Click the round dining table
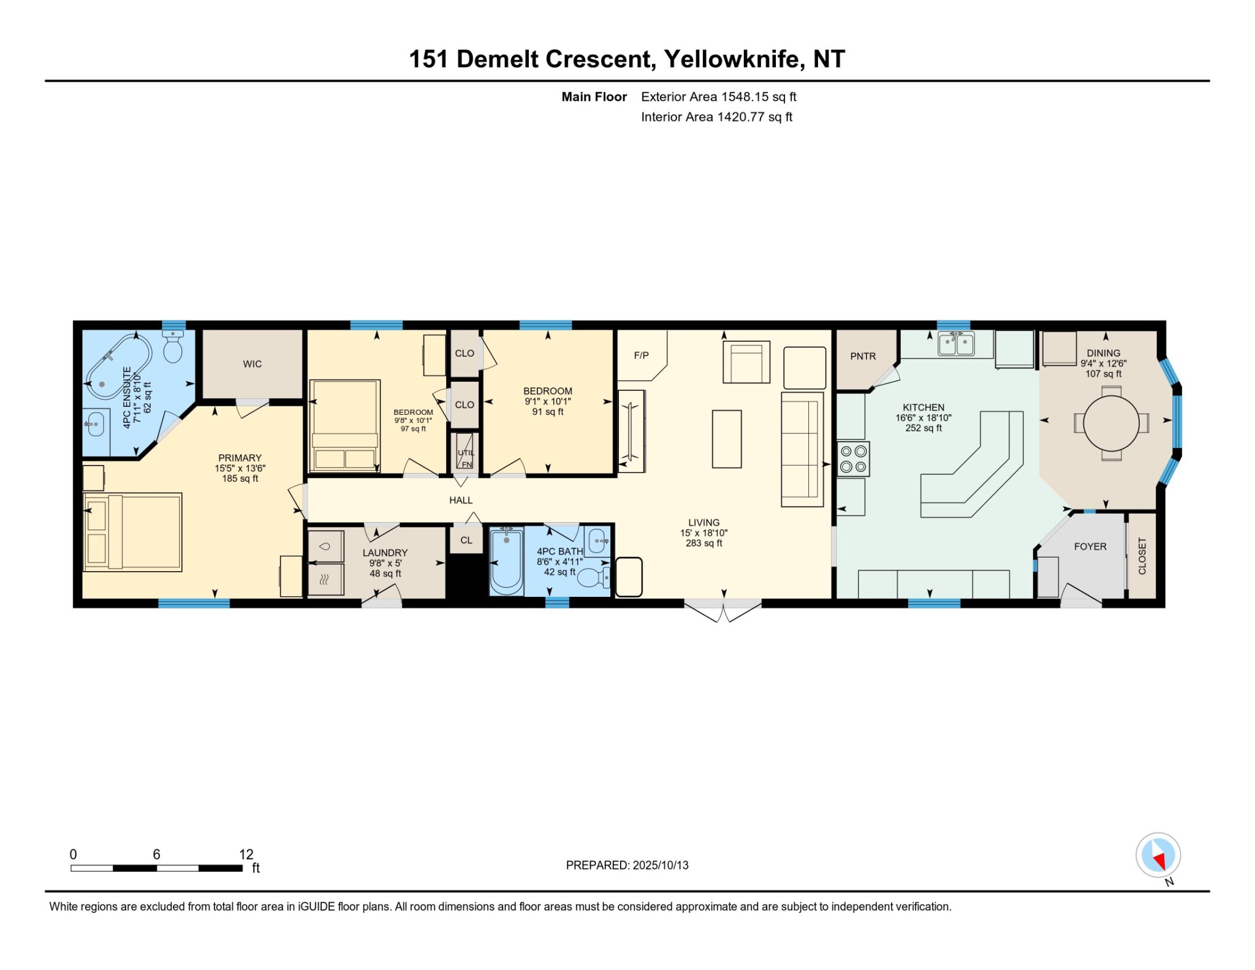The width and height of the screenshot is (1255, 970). (x=1110, y=423)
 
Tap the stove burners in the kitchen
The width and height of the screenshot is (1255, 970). (x=853, y=459)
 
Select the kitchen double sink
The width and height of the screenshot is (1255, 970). (x=956, y=344)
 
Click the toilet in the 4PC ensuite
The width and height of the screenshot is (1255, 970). (x=173, y=346)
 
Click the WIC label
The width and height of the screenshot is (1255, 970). (x=252, y=364)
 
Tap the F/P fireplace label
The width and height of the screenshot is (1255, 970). (x=641, y=355)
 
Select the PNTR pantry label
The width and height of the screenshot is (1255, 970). (x=863, y=356)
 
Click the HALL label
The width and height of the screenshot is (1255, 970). (x=461, y=500)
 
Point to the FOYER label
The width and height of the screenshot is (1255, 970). (x=1090, y=547)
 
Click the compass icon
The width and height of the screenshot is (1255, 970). (x=1158, y=855)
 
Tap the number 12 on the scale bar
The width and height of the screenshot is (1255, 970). (x=246, y=854)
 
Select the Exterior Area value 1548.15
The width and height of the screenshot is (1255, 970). (x=745, y=97)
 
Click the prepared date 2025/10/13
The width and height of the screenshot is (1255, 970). (x=661, y=865)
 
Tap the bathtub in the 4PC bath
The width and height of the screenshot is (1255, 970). (x=506, y=560)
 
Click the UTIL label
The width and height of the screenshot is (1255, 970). (x=466, y=453)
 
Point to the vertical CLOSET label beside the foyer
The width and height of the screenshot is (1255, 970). (x=1142, y=556)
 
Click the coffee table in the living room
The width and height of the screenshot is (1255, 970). (x=727, y=439)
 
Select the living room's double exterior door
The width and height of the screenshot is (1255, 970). (x=723, y=610)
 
